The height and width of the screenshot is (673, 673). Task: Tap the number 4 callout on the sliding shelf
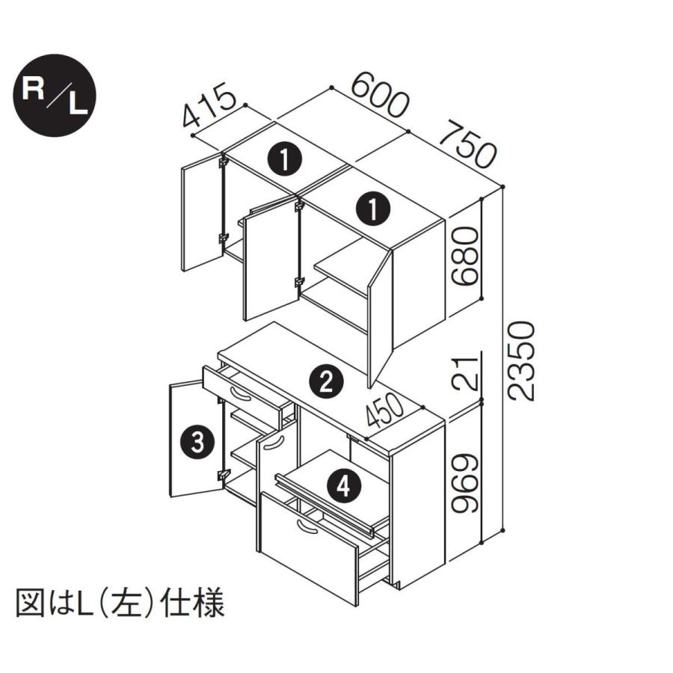pyautogui.click(x=342, y=487)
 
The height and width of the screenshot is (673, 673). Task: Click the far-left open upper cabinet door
pyautogui.click(x=201, y=216)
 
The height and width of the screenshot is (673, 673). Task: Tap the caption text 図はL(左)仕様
pyautogui.click(x=120, y=603)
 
